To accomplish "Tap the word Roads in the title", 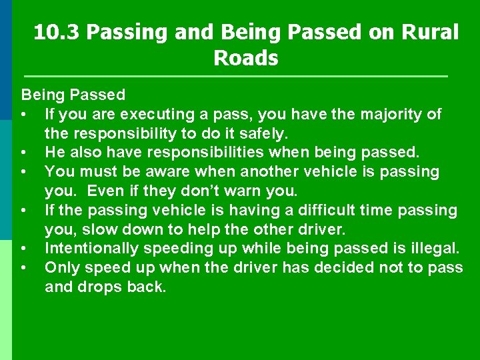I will click(x=245, y=58).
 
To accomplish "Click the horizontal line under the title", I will click(x=235, y=76).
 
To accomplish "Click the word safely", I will click(x=257, y=133).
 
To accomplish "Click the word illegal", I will click(x=433, y=249).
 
